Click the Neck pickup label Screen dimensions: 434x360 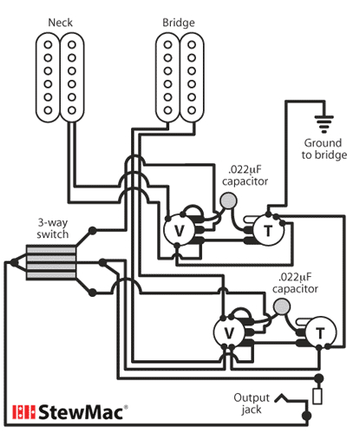click(x=60, y=20)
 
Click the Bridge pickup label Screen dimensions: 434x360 click(x=177, y=20)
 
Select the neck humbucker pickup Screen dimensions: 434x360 click(x=60, y=76)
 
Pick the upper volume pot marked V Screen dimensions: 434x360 click(x=180, y=230)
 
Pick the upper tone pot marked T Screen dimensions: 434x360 click(x=267, y=230)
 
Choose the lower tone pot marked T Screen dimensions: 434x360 click(x=320, y=332)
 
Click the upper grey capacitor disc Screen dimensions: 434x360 click(x=229, y=202)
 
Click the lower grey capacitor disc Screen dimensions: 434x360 click(x=280, y=306)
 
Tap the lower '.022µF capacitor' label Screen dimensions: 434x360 click(x=295, y=282)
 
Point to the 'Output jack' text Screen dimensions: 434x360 click(x=251, y=403)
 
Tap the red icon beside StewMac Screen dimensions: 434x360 click(x=22, y=411)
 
